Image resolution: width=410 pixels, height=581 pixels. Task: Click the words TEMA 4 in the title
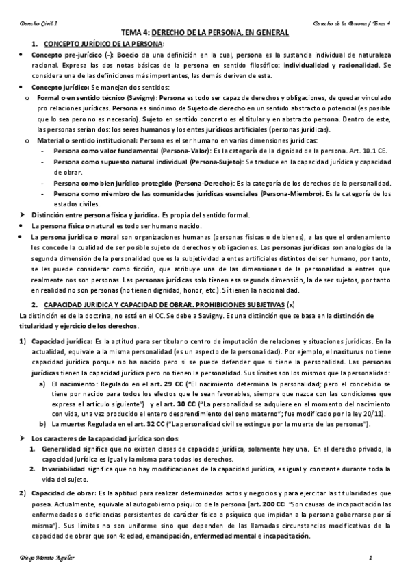point(135,32)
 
